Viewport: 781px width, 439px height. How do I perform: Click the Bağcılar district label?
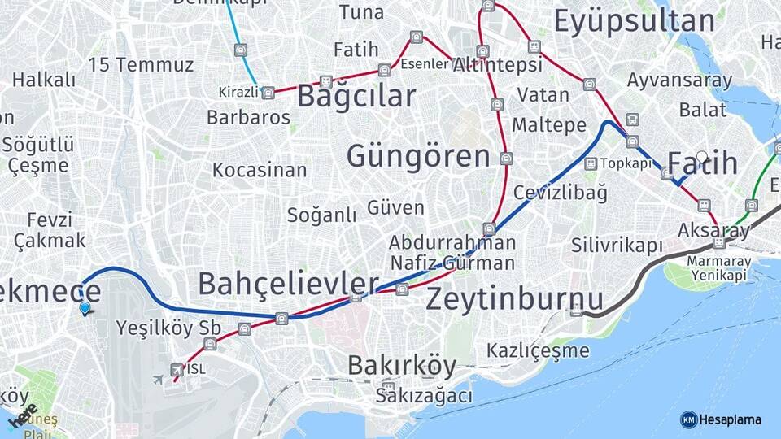click(x=356, y=96)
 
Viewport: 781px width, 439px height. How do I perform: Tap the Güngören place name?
click(x=418, y=156)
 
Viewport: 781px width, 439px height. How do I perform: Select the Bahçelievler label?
click(x=288, y=284)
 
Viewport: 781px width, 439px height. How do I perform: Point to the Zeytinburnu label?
click(x=515, y=298)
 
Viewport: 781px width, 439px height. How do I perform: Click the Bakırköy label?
click(x=402, y=366)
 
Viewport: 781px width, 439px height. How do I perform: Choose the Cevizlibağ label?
click(x=561, y=193)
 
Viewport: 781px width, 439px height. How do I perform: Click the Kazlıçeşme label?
click(x=538, y=350)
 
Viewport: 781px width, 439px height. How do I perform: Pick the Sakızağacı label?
click(x=424, y=396)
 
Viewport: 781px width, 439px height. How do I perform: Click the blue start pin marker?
click(x=85, y=307)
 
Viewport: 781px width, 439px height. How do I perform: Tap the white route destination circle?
click(x=701, y=157)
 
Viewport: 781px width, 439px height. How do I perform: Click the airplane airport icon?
click(x=159, y=379)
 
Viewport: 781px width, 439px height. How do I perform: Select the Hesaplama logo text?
click(x=730, y=419)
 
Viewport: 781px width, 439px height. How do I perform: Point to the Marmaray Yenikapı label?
click(x=718, y=267)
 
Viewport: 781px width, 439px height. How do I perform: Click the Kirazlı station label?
click(x=238, y=92)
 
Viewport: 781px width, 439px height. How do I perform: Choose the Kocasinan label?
click(x=260, y=170)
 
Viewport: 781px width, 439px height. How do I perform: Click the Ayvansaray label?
click(x=679, y=80)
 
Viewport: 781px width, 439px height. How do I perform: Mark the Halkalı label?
click(x=44, y=80)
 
